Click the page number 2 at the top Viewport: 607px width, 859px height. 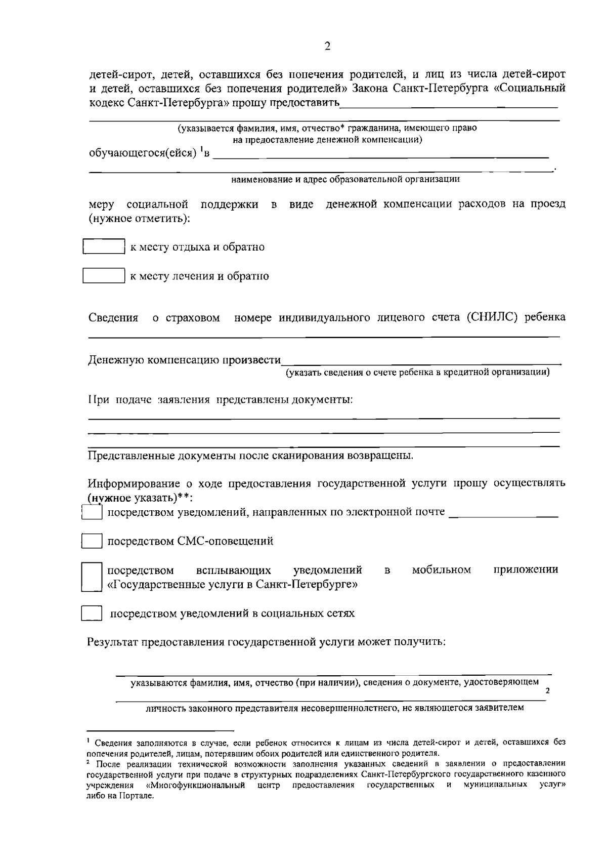[x=327, y=47]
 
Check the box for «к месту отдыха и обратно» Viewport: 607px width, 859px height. [x=104, y=247]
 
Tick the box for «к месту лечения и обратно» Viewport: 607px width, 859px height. [x=104, y=275]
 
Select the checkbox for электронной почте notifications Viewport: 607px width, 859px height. [x=92, y=512]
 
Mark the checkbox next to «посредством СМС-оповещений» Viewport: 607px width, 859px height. [x=92, y=541]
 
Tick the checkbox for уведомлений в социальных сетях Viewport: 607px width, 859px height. [x=92, y=613]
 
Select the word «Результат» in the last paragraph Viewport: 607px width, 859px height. [x=113, y=642]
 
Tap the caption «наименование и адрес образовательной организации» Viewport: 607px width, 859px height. [x=345, y=179]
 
